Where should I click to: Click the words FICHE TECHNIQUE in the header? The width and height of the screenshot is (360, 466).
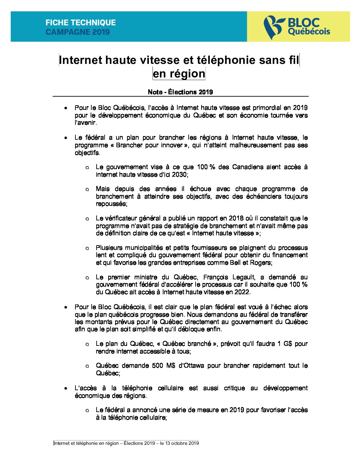coord(81,23)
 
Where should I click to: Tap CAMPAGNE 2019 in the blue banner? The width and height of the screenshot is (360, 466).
coord(78,32)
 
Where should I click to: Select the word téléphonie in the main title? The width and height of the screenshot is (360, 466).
coord(227,60)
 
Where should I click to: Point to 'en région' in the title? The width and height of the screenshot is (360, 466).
coord(179,73)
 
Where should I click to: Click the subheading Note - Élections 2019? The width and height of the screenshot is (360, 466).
coord(180,92)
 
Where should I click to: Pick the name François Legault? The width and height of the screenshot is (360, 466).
coord(229,277)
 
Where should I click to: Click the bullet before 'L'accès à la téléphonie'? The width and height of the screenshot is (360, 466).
coord(66,388)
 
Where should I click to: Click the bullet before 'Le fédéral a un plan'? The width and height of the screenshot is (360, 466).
coord(66,138)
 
